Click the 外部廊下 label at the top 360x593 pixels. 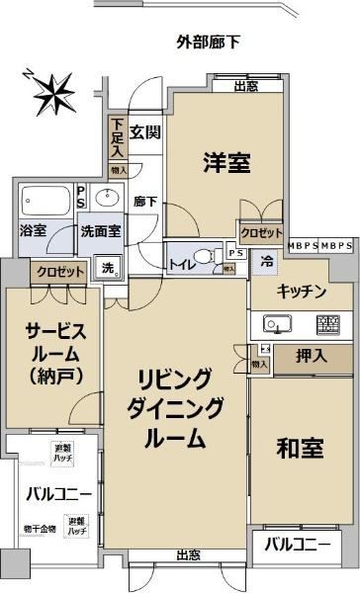(x=209, y=42)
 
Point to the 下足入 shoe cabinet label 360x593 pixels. (x=117, y=138)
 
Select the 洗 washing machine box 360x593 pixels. (x=107, y=267)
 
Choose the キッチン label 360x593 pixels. (x=302, y=291)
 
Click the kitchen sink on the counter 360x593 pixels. (x=275, y=324)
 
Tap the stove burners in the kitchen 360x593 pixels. (x=326, y=324)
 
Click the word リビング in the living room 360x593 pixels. (x=174, y=379)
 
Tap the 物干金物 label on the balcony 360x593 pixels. (x=41, y=529)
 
